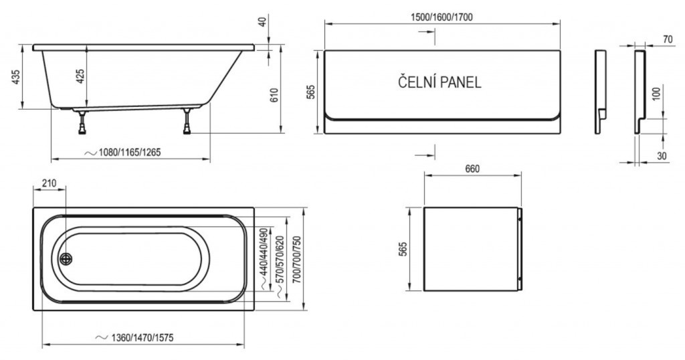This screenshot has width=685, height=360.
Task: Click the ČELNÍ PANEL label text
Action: (x=439, y=82)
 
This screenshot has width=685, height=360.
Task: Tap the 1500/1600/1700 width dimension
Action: (x=442, y=17)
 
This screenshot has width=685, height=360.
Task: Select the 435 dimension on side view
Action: (x=15, y=77)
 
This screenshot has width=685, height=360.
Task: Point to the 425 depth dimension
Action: (x=80, y=76)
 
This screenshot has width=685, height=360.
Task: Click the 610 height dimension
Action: (x=274, y=95)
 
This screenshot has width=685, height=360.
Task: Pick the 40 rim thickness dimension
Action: (x=262, y=21)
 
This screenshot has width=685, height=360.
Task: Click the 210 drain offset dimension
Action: (x=49, y=183)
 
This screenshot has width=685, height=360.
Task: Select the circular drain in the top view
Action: (x=66, y=259)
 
